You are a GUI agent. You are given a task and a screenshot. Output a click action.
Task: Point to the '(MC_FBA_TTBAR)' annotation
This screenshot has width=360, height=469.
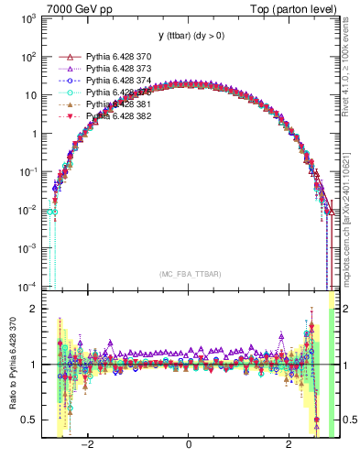coord(188,274)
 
